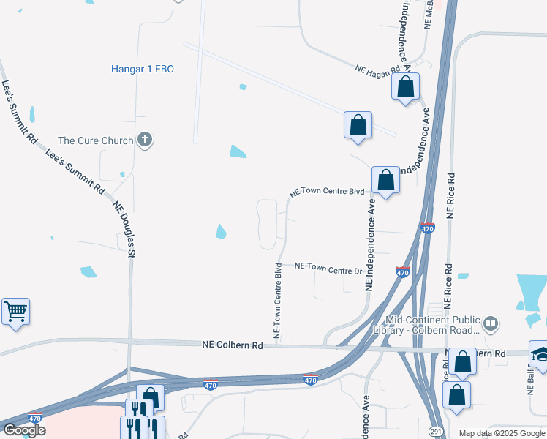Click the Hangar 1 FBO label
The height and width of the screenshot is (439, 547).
point(142,70)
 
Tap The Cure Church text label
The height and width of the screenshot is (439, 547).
point(96,140)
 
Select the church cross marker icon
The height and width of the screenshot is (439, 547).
point(145,140)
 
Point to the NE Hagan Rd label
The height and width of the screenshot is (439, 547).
point(378,68)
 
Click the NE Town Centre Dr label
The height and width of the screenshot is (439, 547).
point(328,269)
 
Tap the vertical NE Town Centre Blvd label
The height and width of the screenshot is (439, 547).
point(278,299)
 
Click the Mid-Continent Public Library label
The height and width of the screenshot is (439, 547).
point(433,325)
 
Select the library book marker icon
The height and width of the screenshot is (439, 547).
point(491,323)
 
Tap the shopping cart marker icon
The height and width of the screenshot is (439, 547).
point(15,312)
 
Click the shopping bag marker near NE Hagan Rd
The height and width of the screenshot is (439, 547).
point(406,87)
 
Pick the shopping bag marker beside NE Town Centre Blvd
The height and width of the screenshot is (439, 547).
point(385,180)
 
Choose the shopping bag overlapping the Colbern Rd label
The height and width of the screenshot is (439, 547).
point(462,361)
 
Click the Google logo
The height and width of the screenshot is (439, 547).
point(24,430)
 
